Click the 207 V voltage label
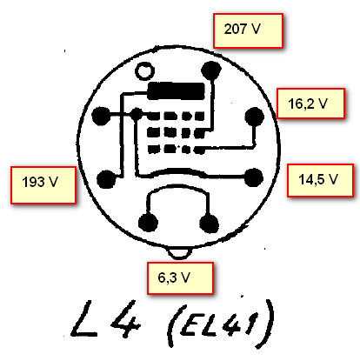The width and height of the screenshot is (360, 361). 248,30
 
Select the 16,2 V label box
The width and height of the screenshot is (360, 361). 310,104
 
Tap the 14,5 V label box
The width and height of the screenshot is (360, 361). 320,180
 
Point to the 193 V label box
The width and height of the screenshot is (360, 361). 43,185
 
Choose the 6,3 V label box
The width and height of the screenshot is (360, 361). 180,278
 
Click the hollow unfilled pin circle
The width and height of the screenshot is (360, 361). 144,71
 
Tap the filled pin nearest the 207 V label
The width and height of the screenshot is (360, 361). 211,70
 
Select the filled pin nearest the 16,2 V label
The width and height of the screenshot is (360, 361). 254,117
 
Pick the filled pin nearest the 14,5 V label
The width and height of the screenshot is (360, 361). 254,177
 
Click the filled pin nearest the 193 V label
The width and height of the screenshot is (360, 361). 106,179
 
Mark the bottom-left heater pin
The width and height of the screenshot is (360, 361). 148,223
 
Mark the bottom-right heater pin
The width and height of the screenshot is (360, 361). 209,224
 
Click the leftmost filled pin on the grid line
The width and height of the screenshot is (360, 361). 101,116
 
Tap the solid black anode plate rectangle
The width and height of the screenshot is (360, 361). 177,90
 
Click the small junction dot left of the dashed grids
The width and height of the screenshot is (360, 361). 137,115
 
